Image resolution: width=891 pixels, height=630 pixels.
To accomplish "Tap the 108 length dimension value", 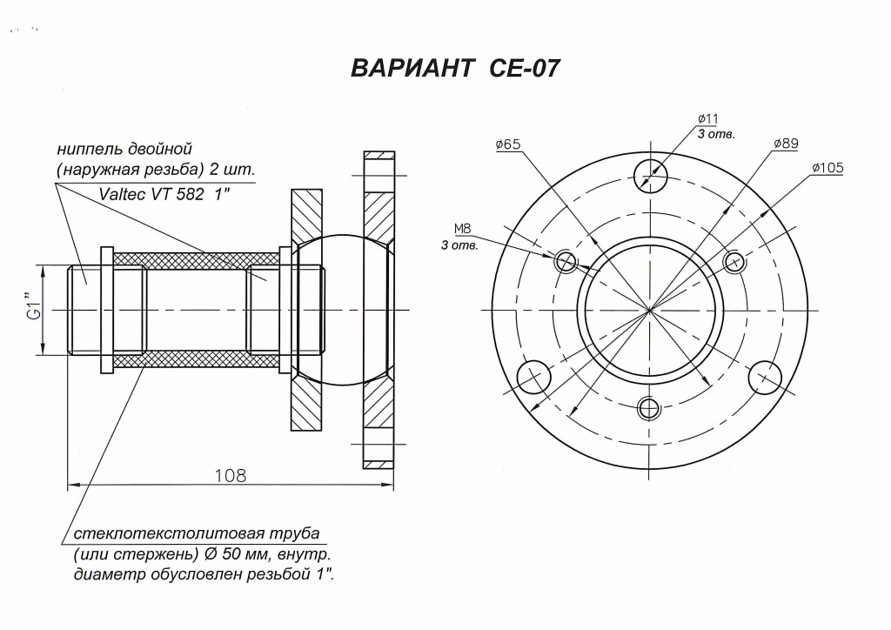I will [231, 475].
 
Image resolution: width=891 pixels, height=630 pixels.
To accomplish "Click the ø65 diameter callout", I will [508, 144].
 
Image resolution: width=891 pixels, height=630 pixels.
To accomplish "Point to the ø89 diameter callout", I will [786, 144].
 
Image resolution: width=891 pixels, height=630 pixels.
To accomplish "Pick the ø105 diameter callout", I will [827, 168].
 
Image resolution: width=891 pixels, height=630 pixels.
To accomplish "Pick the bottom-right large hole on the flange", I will [766, 376].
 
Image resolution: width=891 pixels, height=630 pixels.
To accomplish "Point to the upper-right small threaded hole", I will [734, 262].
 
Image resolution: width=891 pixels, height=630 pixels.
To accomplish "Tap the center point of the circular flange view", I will [650, 309].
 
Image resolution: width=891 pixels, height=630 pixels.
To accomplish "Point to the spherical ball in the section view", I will [344, 309].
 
